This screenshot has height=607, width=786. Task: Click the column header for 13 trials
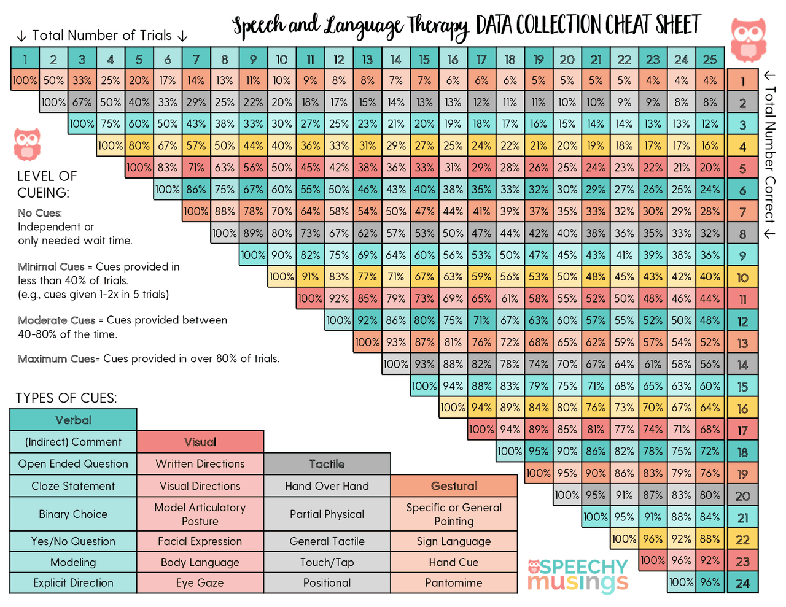click(x=367, y=60)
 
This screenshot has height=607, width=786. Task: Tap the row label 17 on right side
click(x=742, y=430)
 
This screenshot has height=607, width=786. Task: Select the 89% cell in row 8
click(x=253, y=233)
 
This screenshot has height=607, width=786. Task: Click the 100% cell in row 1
click(x=25, y=80)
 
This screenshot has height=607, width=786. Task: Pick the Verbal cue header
click(x=73, y=420)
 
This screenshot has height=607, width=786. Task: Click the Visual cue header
click(x=200, y=442)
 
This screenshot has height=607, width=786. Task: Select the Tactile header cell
click(x=327, y=464)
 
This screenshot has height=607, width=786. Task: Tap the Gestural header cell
click(x=454, y=486)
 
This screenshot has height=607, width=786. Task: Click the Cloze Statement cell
click(x=73, y=486)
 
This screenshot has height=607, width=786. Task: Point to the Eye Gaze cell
click(x=200, y=583)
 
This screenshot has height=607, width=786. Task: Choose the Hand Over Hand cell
click(x=327, y=486)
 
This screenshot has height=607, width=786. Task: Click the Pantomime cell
click(x=454, y=583)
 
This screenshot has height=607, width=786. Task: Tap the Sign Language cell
click(x=454, y=541)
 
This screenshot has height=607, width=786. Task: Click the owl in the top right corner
click(x=748, y=39)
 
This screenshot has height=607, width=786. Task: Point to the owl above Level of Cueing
click(x=28, y=144)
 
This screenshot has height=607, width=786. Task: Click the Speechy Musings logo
click(x=578, y=575)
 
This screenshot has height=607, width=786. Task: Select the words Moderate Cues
click(x=56, y=320)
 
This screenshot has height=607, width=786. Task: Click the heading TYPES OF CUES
click(x=66, y=398)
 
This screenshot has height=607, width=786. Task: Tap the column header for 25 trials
click(x=710, y=60)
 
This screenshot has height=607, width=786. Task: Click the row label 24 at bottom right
click(x=742, y=583)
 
